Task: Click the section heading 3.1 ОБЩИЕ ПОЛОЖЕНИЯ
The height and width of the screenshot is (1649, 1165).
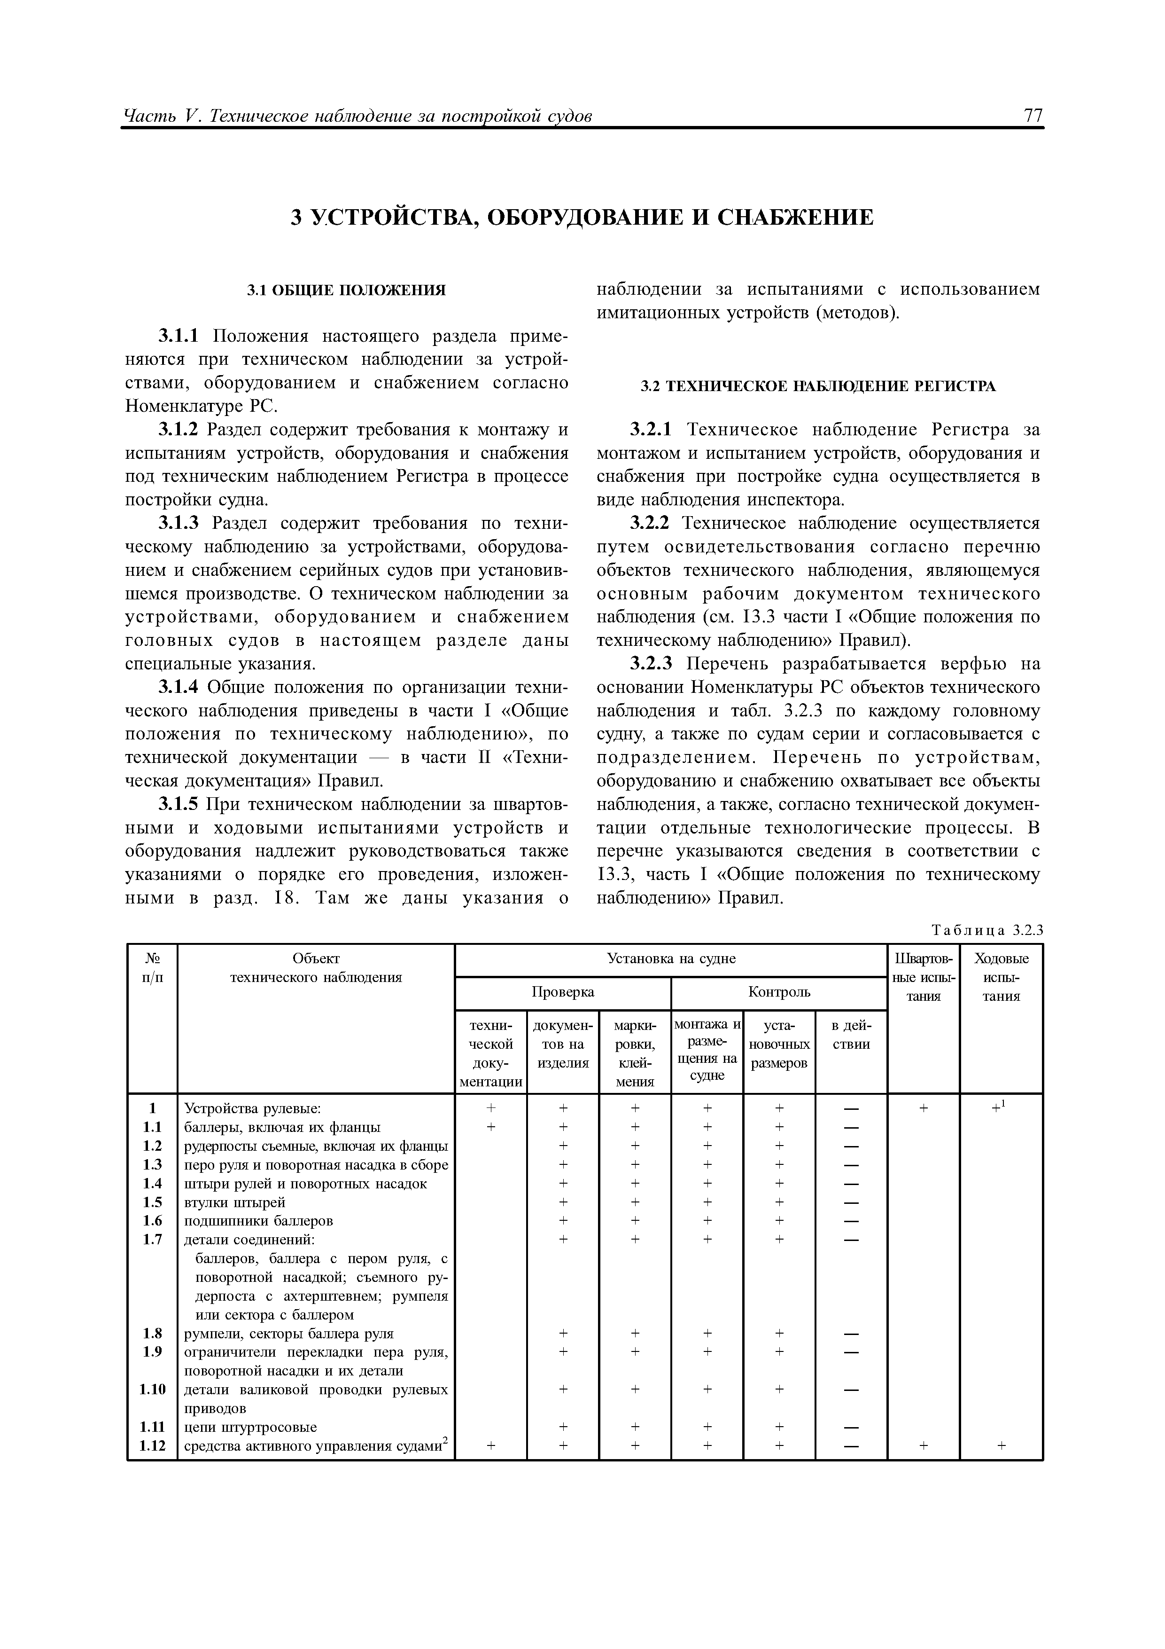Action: [346, 290]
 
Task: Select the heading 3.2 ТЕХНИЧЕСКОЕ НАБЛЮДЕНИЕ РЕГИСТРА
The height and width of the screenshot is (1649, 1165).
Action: [817, 386]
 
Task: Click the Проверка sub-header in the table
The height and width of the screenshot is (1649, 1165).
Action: [563, 992]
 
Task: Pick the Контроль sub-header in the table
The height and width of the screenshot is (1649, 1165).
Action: [779, 992]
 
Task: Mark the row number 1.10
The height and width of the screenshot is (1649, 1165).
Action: [152, 1409]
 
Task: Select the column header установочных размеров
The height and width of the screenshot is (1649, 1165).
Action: [779, 1044]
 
